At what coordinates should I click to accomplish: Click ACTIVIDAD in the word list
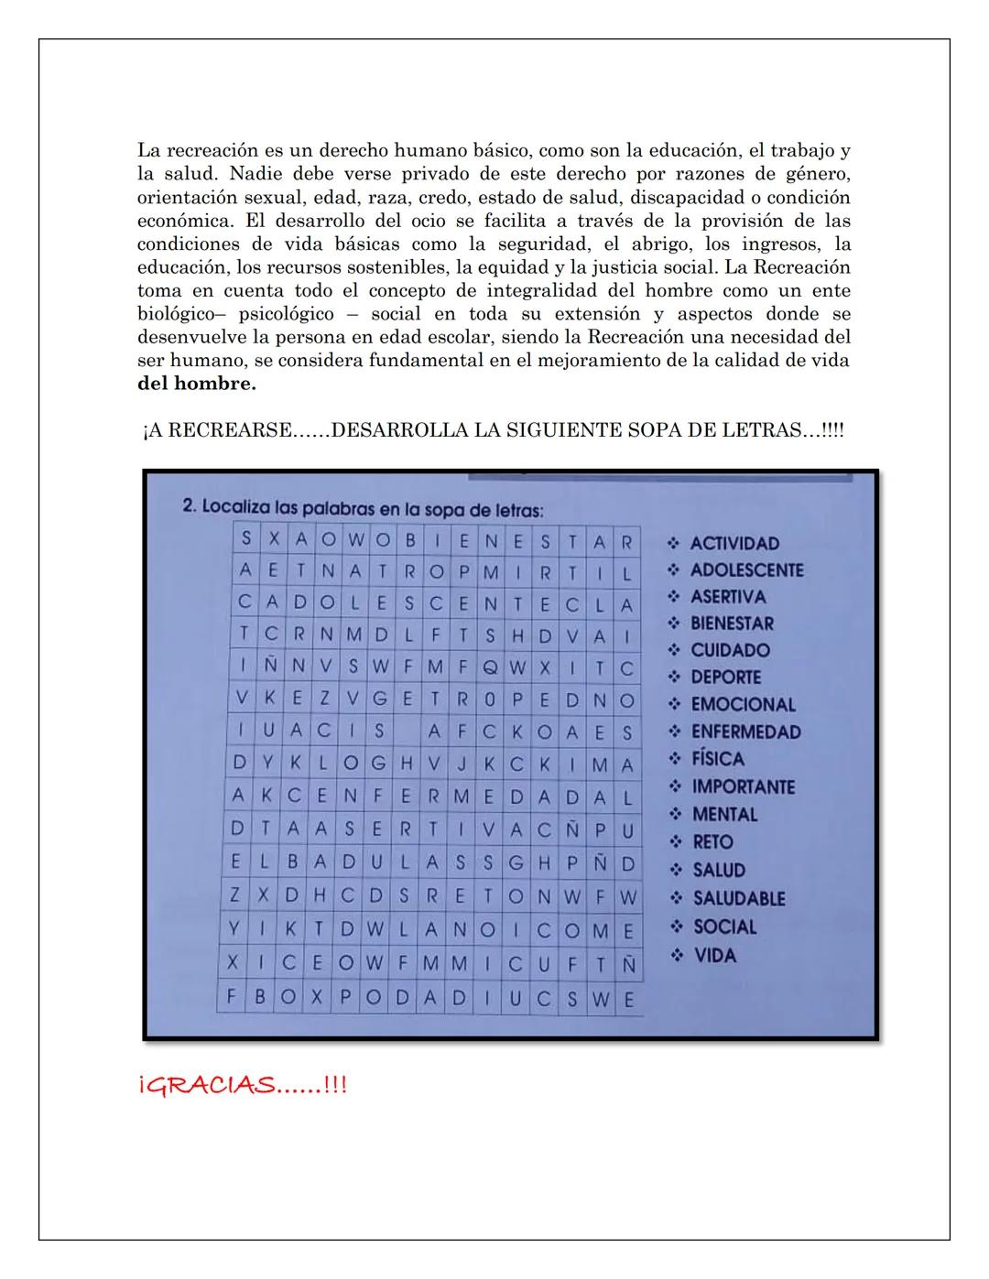(x=734, y=543)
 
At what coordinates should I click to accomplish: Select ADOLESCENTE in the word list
(x=746, y=569)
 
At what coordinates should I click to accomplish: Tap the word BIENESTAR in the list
(x=732, y=623)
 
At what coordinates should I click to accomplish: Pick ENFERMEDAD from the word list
(x=745, y=732)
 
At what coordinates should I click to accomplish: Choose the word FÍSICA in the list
(x=717, y=759)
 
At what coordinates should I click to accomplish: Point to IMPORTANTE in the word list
(x=743, y=786)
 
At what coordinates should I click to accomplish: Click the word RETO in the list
(x=712, y=841)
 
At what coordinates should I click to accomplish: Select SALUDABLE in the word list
(x=738, y=898)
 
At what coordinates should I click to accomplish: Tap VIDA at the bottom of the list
(x=714, y=955)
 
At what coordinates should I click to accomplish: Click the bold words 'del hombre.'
(x=196, y=384)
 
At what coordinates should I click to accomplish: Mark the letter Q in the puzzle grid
(x=490, y=667)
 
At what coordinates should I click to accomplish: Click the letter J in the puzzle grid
(x=462, y=764)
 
